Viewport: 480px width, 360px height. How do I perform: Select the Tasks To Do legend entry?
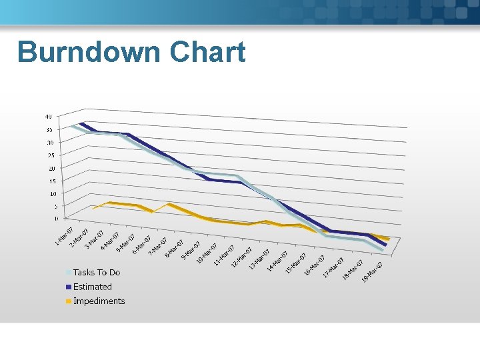tap(97, 272)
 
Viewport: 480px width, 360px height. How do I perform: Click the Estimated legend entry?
tap(93, 287)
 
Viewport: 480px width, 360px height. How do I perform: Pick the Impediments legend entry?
tap(99, 301)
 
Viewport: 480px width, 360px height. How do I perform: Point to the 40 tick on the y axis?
tap(48, 117)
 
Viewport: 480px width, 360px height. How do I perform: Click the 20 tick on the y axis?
tap(49, 168)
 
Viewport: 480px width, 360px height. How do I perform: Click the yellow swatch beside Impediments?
tap(69, 302)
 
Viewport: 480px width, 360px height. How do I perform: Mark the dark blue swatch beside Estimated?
tap(69, 287)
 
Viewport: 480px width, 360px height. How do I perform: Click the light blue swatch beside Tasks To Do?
tap(69, 273)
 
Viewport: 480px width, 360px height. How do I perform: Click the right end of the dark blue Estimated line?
tap(385, 245)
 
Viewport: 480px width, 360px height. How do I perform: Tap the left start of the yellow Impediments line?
tap(94, 208)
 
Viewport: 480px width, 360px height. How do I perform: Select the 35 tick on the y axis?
tap(48, 129)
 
